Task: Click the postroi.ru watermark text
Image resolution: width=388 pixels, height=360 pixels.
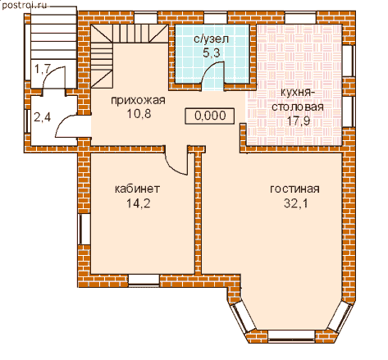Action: click(25, 5)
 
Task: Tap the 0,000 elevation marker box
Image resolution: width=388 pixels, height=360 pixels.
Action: click(210, 116)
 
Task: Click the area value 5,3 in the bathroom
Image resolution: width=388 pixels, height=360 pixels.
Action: click(212, 52)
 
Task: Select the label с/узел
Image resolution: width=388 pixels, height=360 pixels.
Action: click(211, 39)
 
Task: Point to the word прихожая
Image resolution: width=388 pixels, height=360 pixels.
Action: click(138, 101)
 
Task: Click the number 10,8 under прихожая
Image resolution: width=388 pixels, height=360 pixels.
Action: click(139, 114)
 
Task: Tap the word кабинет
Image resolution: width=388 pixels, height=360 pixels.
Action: click(137, 189)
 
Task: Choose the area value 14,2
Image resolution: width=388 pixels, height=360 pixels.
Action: click(138, 203)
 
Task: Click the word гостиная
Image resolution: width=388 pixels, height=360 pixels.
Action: click(294, 189)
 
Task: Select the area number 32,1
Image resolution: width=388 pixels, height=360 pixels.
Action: click(296, 203)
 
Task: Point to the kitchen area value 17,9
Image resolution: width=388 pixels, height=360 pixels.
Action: click(298, 121)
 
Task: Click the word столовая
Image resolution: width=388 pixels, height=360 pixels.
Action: click(298, 107)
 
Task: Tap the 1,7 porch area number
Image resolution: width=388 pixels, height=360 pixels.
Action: click(42, 70)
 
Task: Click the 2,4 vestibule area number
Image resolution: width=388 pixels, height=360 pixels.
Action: click(42, 117)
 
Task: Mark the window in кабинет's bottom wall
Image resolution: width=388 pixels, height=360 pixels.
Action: click(144, 280)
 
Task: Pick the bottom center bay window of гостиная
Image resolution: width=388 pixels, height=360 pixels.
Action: click(291, 335)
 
